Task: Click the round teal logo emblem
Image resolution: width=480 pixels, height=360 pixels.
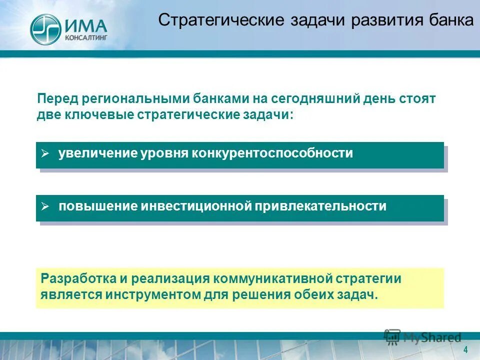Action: (45, 28)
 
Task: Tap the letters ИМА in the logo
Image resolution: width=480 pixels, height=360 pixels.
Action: (85, 24)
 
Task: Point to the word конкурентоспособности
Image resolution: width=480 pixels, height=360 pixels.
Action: (271, 153)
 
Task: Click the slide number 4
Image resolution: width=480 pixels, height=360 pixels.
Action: (465, 349)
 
